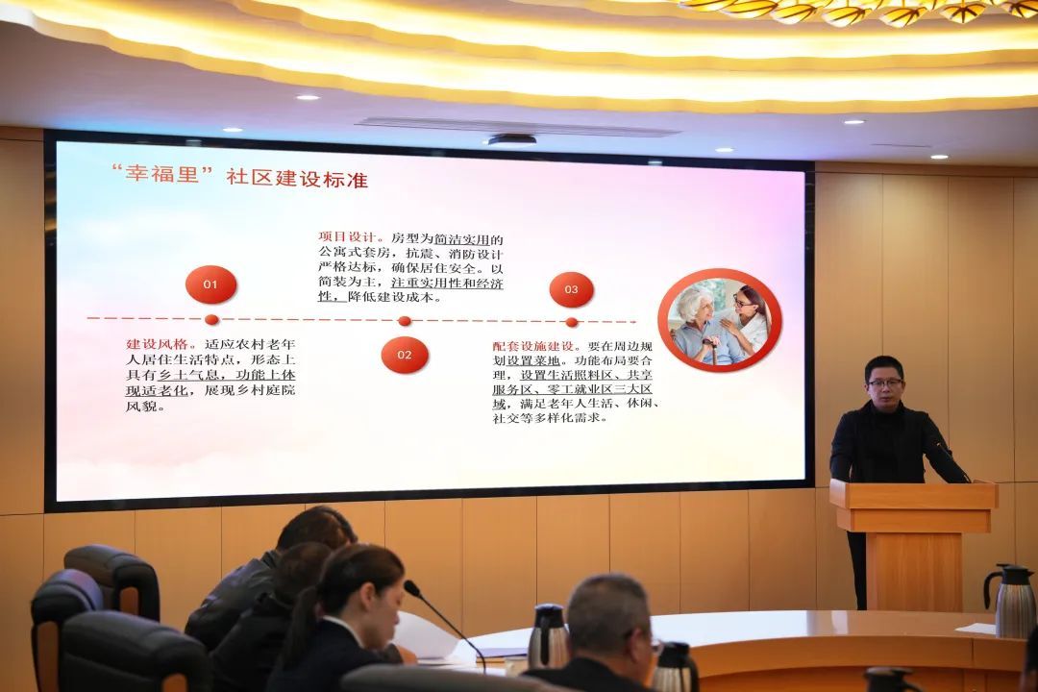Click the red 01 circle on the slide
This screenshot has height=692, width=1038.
210,284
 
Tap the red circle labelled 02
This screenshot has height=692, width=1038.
405,355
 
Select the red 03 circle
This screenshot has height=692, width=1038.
571,289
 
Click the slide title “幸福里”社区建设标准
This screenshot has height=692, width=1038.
239,177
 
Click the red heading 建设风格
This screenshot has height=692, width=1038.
157,344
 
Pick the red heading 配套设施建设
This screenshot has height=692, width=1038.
532,346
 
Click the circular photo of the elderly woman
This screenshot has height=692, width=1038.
720,320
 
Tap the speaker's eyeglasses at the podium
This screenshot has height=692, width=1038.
885,383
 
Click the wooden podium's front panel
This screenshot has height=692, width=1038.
914,571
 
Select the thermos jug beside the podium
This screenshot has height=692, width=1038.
1010,601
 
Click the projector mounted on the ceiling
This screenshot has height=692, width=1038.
511,139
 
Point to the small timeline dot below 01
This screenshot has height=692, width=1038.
211,320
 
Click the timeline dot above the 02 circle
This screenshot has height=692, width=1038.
405,321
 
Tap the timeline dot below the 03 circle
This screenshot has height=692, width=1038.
572,323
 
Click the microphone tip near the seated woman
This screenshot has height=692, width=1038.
412,587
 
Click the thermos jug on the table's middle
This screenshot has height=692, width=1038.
547,636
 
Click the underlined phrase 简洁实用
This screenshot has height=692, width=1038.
462,238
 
